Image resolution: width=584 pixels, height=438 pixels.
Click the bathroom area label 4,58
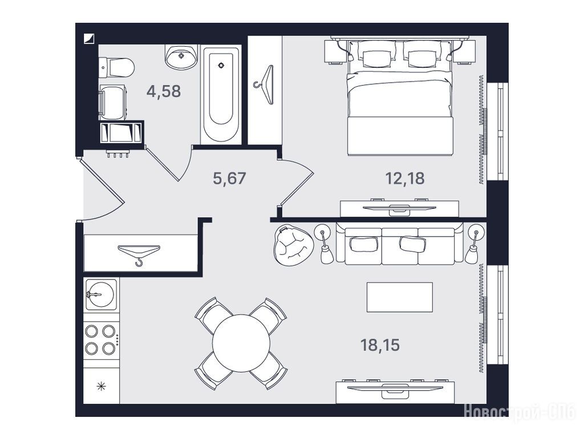(164, 91)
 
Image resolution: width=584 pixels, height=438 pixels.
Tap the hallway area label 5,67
(229, 179)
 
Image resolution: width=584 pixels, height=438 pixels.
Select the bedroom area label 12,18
(405, 179)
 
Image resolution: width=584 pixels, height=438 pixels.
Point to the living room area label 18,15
(380, 345)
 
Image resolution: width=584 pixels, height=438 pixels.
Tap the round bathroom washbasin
(181, 56)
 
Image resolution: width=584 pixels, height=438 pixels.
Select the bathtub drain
(221, 65)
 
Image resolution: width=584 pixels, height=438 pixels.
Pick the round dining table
(241, 343)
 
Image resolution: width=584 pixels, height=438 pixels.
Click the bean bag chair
(294, 245)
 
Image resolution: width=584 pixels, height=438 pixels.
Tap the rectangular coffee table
(400, 297)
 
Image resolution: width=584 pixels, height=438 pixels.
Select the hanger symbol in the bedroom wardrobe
(265, 85)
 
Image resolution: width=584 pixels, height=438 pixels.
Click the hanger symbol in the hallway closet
(139, 253)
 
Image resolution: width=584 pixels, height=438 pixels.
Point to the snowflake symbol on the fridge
(101, 387)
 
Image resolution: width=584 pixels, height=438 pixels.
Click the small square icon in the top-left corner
(90, 38)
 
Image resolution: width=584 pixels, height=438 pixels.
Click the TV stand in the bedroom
(399, 209)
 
